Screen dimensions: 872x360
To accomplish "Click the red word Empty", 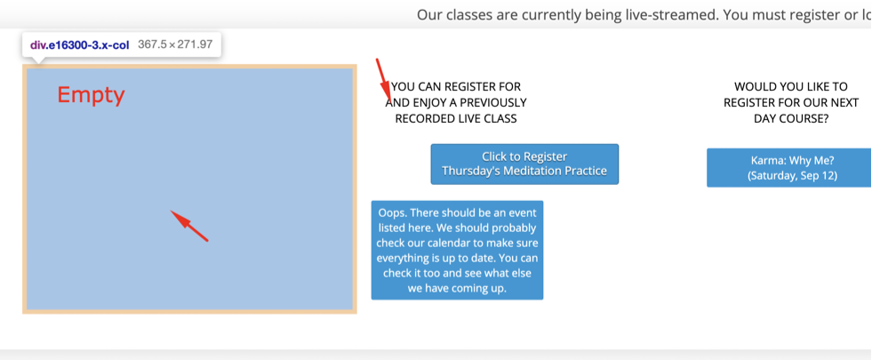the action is click(91, 95).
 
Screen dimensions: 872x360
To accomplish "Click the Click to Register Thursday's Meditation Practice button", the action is click(524, 164).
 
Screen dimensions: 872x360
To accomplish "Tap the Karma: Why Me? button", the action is click(789, 167).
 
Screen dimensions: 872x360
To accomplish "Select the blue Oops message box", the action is click(457, 251).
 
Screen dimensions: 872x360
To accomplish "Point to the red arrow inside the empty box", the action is click(189, 226).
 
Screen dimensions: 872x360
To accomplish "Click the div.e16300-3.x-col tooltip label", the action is click(79, 45).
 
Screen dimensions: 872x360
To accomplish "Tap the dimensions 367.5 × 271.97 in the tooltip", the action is click(175, 45).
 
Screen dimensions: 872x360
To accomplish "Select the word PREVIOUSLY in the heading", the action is click(494, 103).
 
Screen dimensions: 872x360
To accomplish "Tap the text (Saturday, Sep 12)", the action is click(793, 175).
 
